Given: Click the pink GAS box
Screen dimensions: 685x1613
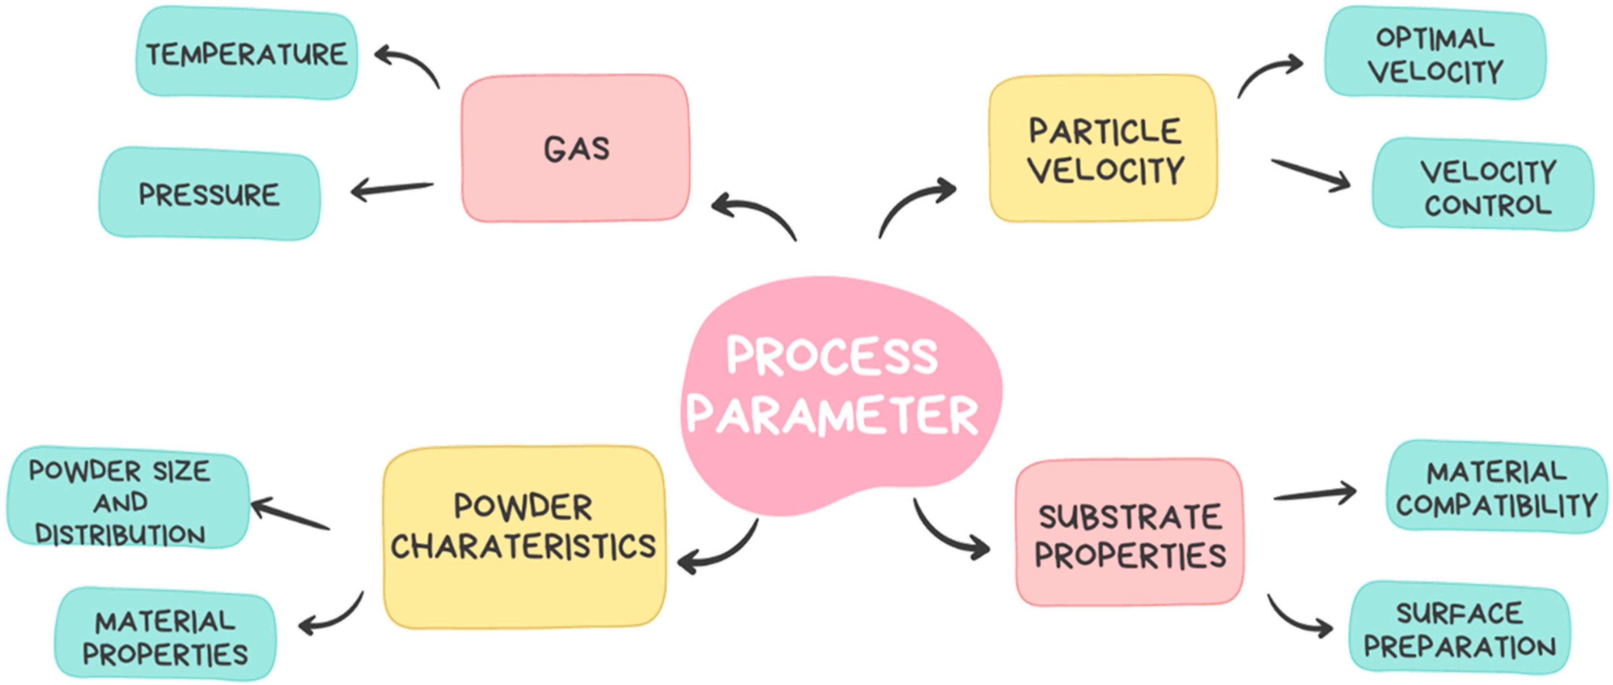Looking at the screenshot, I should [x=575, y=149].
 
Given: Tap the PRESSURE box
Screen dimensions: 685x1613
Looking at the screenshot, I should [x=209, y=194].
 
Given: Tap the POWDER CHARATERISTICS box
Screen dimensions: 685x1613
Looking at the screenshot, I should [x=524, y=537].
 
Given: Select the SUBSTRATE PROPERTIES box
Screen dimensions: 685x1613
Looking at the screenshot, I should [x=1129, y=534].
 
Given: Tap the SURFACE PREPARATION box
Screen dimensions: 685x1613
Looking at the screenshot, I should [x=1459, y=629].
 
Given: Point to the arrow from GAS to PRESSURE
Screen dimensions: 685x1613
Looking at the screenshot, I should [x=391, y=188].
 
